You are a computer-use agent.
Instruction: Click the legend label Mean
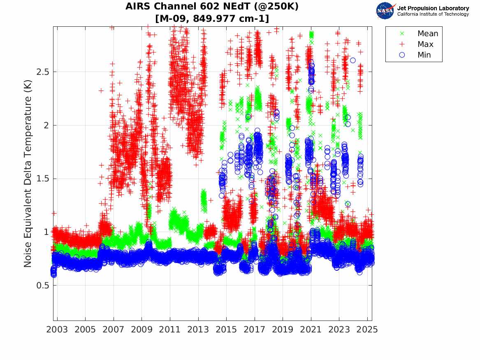point(428,34)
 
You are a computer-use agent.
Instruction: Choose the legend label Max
point(425,44)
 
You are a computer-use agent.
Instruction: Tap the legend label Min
point(424,55)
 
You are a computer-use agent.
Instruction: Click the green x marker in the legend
point(402,34)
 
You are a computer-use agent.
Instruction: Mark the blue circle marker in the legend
point(402,55)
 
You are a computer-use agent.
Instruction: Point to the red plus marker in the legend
point(402,44)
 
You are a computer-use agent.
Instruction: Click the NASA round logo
point(385,11)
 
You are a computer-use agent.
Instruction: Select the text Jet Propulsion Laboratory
point(433,8)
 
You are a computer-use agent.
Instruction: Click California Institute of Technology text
point(433,14)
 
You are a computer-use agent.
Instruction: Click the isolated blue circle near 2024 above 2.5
point(353,60)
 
